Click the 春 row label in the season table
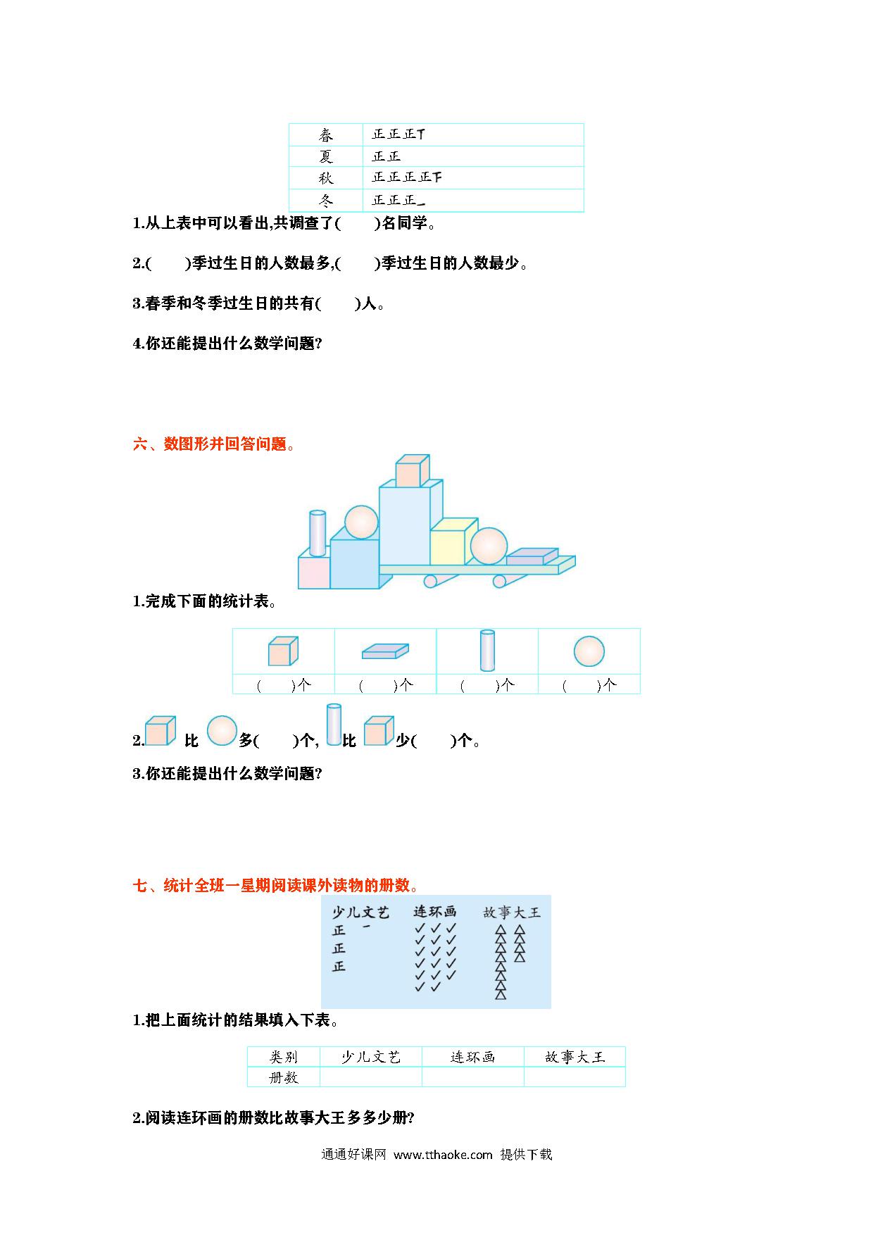point(325,134)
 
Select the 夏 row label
point(325,156)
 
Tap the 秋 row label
point(325,177)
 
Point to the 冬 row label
point(325,200)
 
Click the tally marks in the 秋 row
point(407,177)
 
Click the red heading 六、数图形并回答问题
point(214,444)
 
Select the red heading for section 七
point(276,885)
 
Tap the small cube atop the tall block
point(412,470)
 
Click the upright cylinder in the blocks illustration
point(318,533)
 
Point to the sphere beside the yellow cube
point(489,546)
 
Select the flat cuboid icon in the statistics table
point(385,651)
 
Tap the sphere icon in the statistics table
point(589,651)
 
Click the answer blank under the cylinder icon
point(487,684)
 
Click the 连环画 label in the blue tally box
point(434,912)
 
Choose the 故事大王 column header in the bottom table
point(574,1057)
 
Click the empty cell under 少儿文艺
point(371,1077)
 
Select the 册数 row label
point(284,1077)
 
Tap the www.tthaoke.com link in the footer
point(443,1155)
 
